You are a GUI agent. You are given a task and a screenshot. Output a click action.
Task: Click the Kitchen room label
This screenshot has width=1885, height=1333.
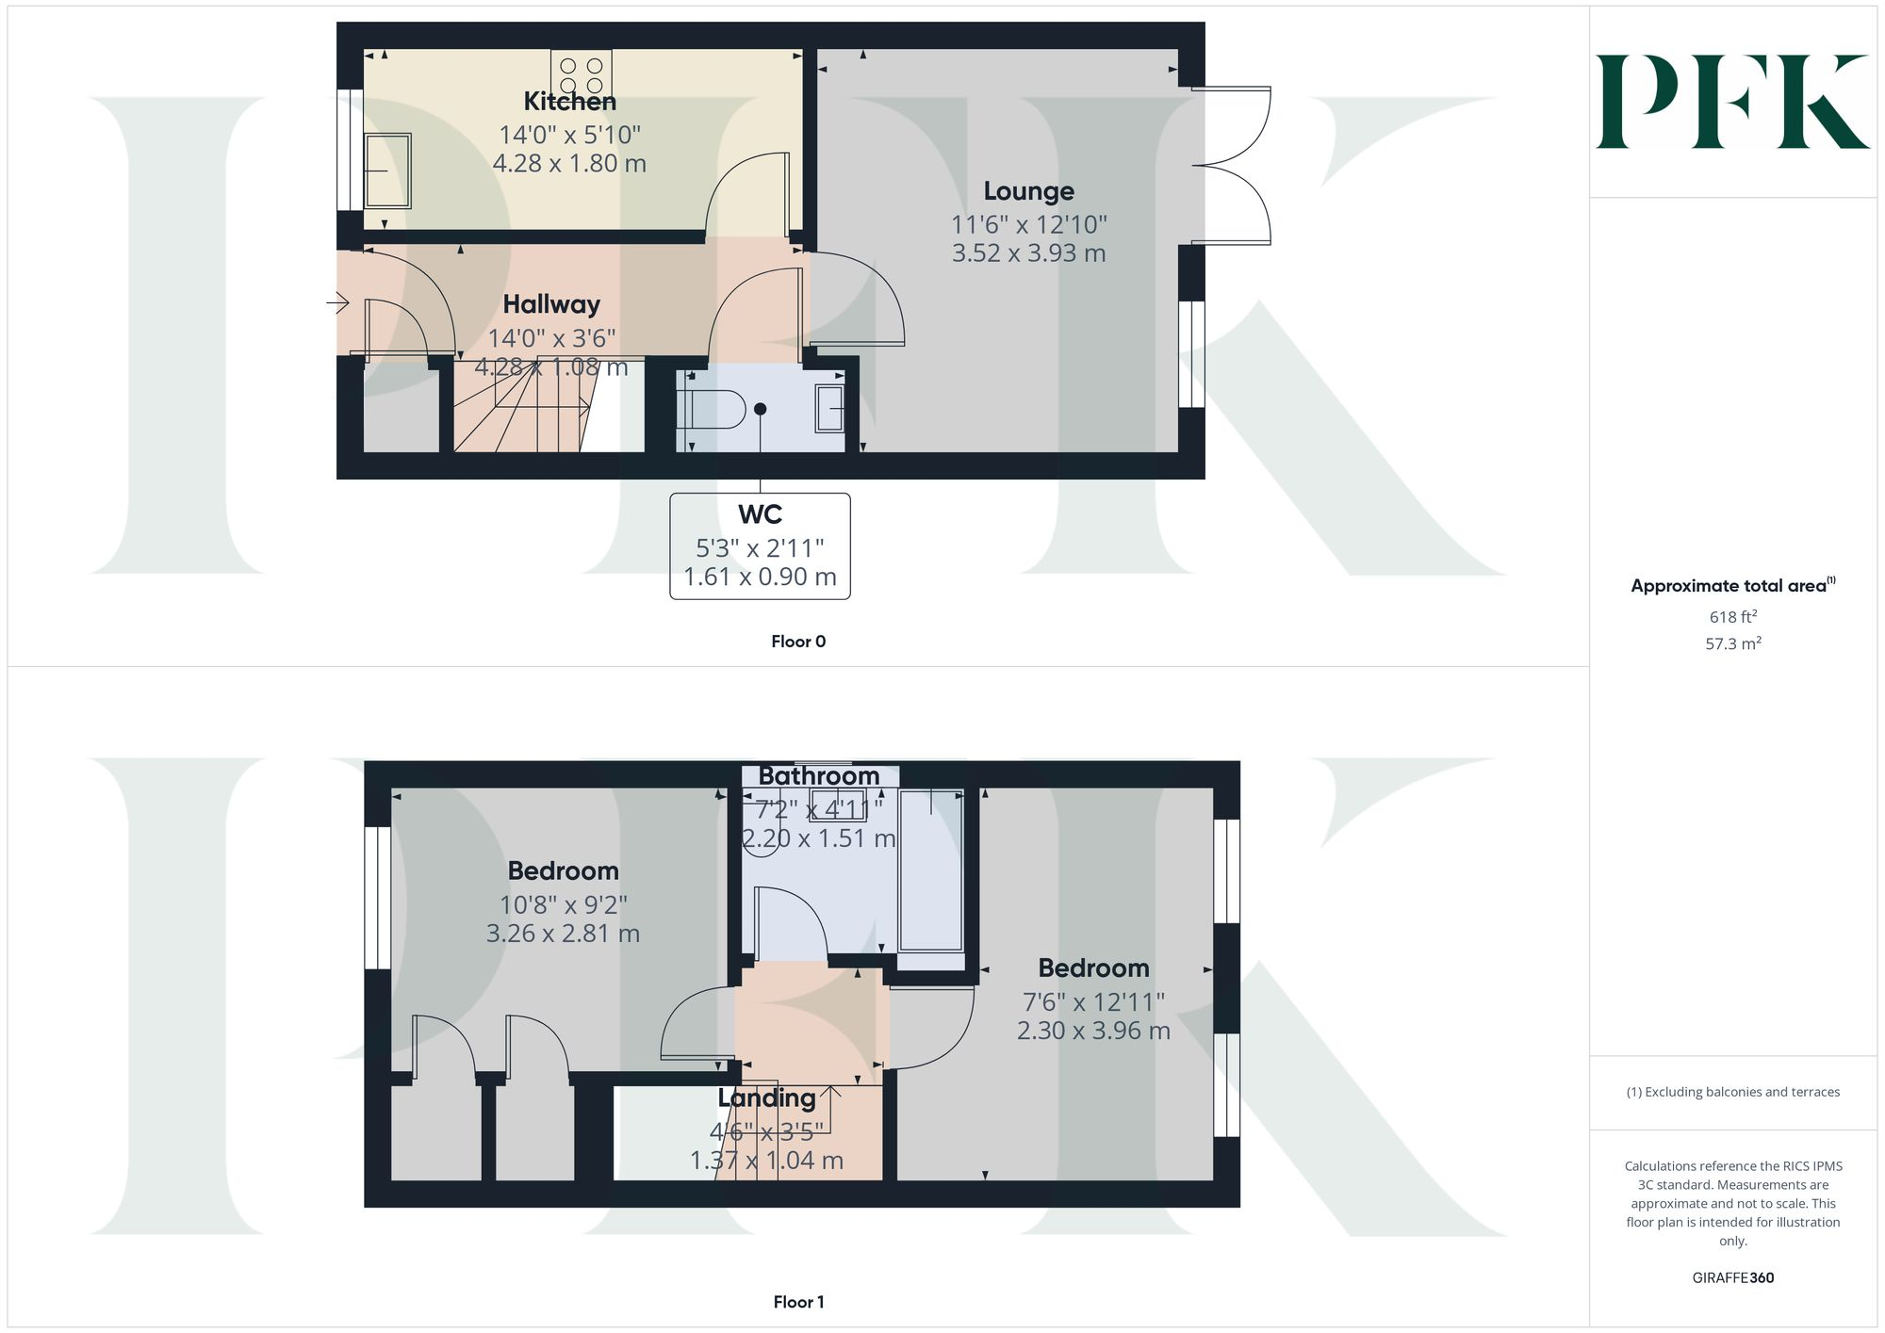[569, 102]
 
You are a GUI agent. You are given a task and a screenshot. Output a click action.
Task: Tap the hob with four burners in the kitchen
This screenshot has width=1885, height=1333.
[582, 74]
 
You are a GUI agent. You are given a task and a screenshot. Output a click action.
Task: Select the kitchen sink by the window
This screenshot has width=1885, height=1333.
[387, 171]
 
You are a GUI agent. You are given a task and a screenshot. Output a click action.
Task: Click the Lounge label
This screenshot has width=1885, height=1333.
[1028, 191]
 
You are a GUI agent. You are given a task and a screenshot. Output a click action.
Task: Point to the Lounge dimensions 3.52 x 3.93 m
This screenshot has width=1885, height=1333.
[1028, 253]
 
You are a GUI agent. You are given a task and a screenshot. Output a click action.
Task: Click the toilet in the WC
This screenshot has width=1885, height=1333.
[713, 409]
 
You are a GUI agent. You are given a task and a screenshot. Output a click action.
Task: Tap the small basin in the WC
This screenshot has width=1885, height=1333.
[829, 408]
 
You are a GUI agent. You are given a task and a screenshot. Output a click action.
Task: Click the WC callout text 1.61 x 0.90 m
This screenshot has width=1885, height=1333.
[760, 577]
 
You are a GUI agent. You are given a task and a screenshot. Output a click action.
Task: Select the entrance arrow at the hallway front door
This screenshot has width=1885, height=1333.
[337, 303]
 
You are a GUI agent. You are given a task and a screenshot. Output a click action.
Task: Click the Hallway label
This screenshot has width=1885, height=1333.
[551, 304]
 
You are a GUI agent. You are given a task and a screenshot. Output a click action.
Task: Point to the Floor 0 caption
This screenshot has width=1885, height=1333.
[797, 642]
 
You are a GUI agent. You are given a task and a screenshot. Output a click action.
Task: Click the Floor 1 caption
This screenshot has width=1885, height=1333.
[797, 1302]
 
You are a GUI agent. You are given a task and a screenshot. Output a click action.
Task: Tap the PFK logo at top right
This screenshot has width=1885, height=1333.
[1732, 102]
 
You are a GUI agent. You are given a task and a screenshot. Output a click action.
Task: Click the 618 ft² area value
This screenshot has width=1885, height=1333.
[1732, 617]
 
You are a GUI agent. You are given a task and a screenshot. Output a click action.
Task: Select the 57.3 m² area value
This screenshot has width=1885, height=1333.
[1732, 644]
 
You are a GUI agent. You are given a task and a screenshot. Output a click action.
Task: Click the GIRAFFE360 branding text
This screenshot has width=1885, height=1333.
[1732, 1278]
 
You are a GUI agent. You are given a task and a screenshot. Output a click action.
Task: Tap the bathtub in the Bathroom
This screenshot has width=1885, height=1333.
[931, 870]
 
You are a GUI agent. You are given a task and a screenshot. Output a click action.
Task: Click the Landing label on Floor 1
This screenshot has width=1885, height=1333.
[766, 1098]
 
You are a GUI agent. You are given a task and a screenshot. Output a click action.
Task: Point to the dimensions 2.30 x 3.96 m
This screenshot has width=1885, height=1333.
[1093, 1031]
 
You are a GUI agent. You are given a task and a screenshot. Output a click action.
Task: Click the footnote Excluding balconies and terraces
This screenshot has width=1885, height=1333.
[1732, 1092]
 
